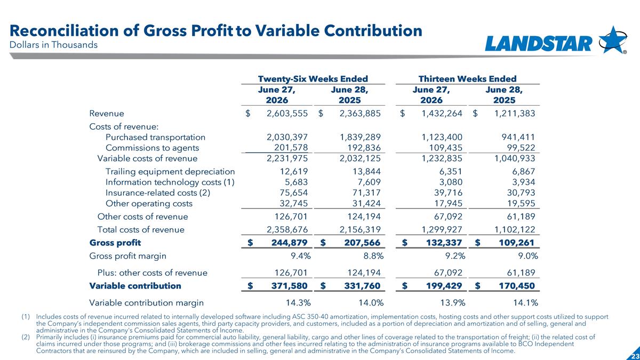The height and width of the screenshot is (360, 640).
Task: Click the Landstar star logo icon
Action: tap(613, 39)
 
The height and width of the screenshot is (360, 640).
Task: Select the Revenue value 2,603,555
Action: tap(287, 114)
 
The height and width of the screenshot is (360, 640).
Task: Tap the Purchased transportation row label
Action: tap(155, 137)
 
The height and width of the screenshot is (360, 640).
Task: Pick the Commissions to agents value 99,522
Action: tap(518, 148)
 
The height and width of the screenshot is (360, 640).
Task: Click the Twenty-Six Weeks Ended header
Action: tap(313, 78)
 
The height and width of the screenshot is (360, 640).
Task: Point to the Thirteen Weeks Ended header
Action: tap(467, 78)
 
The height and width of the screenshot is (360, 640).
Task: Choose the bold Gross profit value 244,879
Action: tap(289, 243)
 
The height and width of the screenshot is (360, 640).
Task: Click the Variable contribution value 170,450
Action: tap(517, 286)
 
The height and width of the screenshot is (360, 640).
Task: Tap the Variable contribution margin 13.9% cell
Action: tap(453, 302)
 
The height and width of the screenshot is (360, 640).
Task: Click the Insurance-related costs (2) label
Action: tap(158, 193)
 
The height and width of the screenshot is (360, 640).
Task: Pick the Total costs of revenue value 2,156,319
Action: tap(360, 229)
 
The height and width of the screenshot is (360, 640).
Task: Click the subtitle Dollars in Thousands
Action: tap(53, 45)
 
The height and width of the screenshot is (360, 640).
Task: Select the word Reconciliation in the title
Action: tap(64, 31)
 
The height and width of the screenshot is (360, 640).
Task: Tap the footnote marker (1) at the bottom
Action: tap(26, 317)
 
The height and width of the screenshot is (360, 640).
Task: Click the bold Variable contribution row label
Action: tap(135, 286)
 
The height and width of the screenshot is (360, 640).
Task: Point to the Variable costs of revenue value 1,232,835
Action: tap(442, 158)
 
